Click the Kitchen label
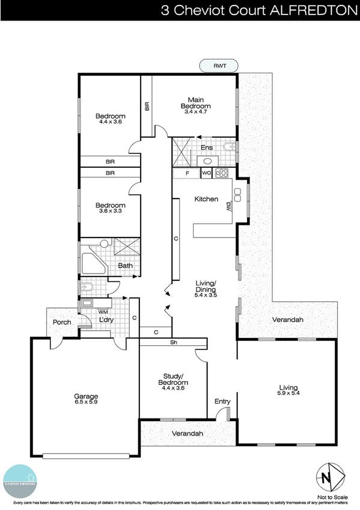206,199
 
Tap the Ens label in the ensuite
207,147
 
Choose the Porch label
62,322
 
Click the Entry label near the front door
222,401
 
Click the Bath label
125,265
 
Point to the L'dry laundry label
106,319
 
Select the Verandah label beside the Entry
186,434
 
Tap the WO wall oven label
206,174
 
